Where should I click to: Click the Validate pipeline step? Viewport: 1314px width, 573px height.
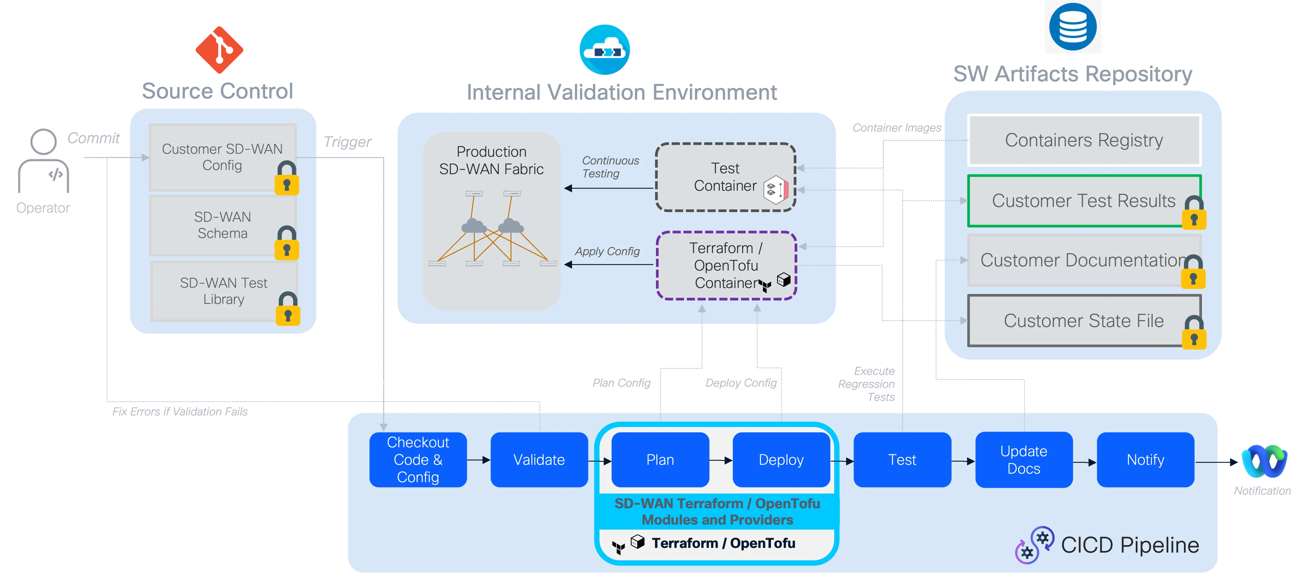coord(539,460)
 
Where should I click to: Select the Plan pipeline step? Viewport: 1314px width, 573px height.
coord(660,460)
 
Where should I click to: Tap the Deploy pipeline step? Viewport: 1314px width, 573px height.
coord(781,460)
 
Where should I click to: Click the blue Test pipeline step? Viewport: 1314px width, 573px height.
coord(902,460)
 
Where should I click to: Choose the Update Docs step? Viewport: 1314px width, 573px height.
coord(1024,460)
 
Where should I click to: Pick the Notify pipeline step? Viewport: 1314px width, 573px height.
coord(1145,460)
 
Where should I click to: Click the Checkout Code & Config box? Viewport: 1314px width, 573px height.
coord(418,460)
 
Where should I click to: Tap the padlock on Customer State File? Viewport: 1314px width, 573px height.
coord(1194,333)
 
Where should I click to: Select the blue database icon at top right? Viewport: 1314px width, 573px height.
coord(1072,27)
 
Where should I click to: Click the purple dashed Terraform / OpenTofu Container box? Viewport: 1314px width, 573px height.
coord(726,265)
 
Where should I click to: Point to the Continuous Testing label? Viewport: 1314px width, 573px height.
coord(610,167)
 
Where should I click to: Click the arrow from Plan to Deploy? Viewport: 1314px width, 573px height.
coord(721,460)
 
